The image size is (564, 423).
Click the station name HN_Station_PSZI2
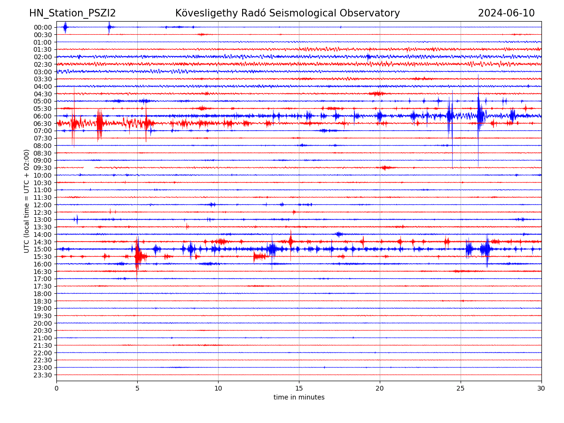coord(72,13)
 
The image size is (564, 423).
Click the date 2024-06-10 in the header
coord(506,13)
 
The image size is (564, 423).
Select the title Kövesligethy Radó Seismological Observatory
coord(287,13)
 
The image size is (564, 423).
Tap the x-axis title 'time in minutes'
coord(299,397)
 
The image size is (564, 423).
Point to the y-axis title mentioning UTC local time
coord(27,201)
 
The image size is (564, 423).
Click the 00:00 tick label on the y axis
coord(43,27)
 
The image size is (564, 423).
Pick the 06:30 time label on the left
coord(43,124)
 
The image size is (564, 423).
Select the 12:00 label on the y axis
coord(43,205)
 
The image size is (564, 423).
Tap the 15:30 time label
coord(43,257)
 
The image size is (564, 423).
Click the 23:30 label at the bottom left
coord(43,375)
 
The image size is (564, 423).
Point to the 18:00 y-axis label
coord(43,294)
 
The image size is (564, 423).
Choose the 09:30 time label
coord(43,168)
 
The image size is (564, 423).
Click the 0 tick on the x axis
coord(56,388)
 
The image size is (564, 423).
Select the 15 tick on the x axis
coord(299,388)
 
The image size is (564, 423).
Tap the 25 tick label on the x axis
coord(461,388)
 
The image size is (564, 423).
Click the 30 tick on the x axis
coord(541,388)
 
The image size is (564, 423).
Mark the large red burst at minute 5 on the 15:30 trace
coord(137,256)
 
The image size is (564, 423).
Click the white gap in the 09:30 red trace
coord(89,167)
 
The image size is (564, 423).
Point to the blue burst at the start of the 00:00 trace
coord(65,27)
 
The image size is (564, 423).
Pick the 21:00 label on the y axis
coord(43,338)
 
